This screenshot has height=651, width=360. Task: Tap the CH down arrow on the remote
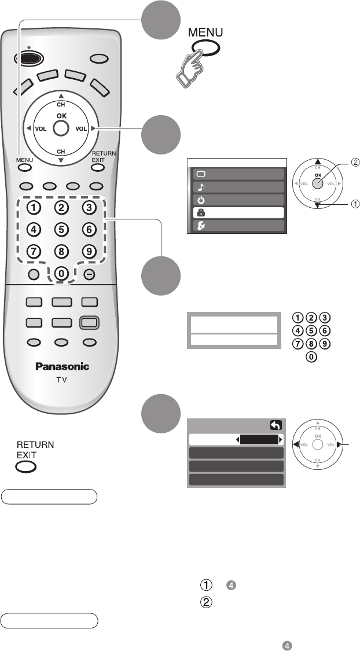coord(60,157)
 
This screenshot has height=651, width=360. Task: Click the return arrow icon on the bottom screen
coord(275,425)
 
